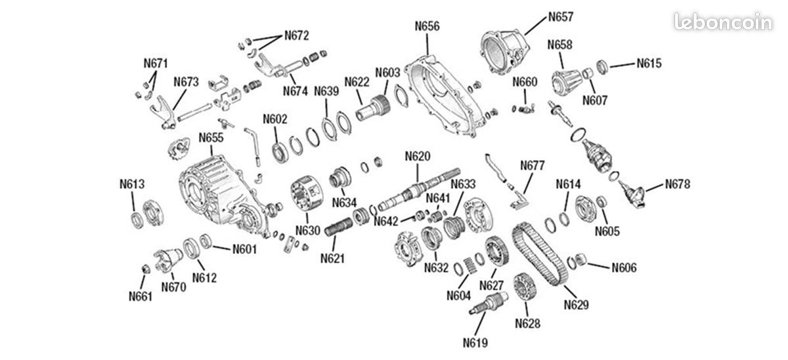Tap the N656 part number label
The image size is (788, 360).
427,26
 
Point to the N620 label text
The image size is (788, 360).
418,156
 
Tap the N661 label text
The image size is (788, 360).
141,296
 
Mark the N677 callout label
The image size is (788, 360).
533,165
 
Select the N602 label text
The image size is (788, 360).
275,119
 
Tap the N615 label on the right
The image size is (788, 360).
649,64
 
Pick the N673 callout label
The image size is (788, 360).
186,82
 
